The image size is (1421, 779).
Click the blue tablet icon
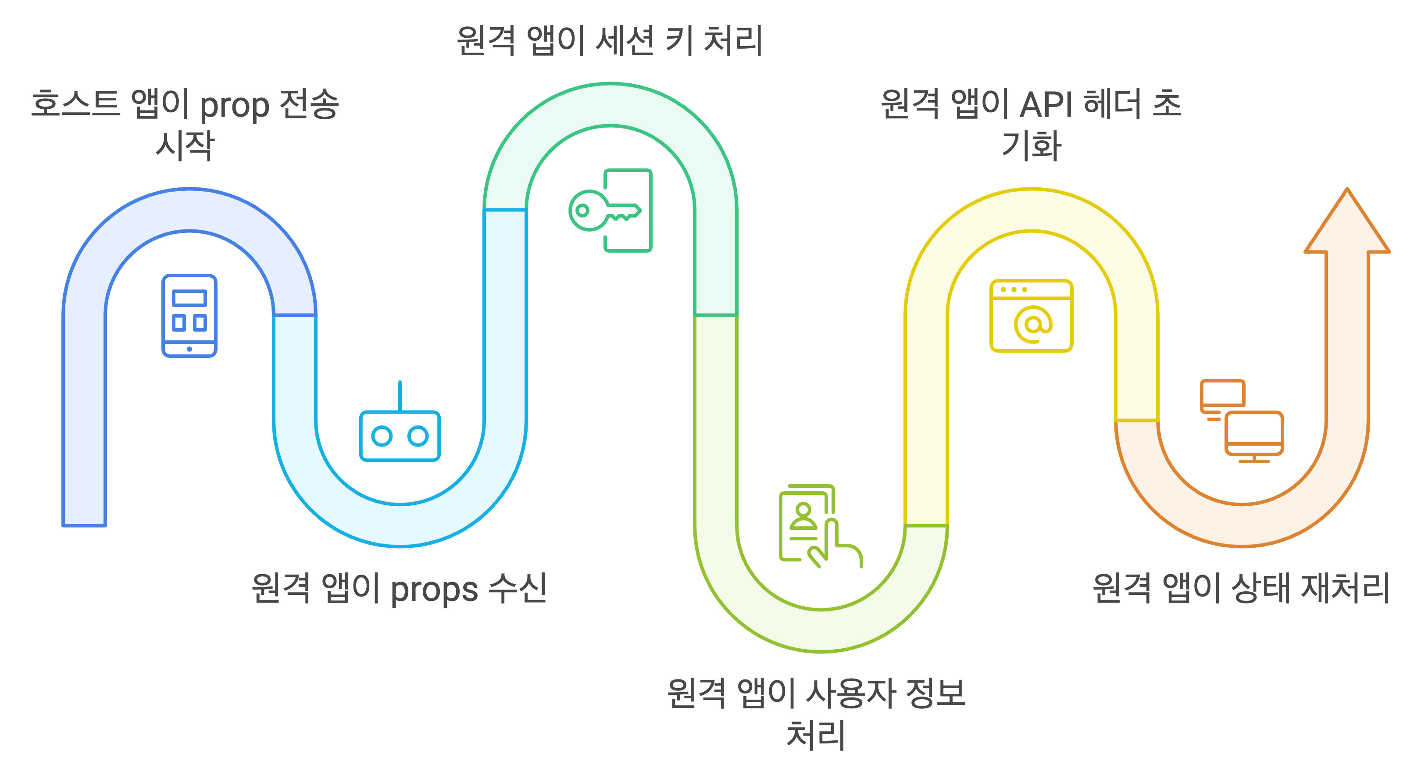(x=189, y=315)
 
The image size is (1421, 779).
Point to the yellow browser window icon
(x=1031, y=315)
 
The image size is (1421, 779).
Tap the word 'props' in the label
(x=434, y=589)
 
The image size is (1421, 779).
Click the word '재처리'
(x=1345, y=588)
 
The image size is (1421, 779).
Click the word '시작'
(x=185, y=146)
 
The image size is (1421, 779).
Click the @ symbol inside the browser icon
(x=1033, y=325)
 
